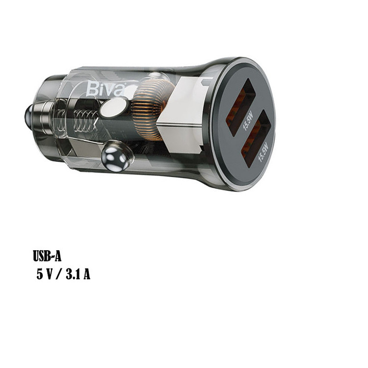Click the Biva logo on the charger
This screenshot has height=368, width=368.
(x=105, y=88)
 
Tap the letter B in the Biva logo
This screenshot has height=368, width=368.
(x=91, y=89)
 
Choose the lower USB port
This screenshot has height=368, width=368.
(x=255, y=139)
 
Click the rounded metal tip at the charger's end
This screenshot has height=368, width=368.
(x=29, y=115)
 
